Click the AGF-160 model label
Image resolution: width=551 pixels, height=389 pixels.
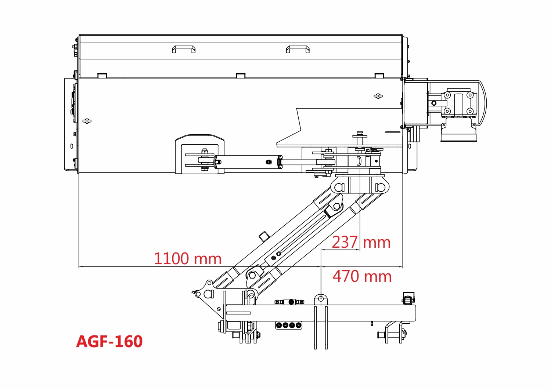pyautogui.click(x=109, y=341)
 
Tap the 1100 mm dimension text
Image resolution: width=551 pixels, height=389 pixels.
pyautogui.click(x=188, y=258)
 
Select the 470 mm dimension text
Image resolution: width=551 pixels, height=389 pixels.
pyautogui.click(x=362, y=276)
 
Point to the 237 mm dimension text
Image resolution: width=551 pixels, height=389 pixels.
pyautogui.click(x=361, y=242)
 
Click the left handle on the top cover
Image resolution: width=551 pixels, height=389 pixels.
pyautogui.click(x=184, y=49)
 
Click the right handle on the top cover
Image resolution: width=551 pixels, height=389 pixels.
pyautogui.click(x=298, y=49)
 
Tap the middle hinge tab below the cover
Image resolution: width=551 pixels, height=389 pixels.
pyautogui.click(x=241, y=76)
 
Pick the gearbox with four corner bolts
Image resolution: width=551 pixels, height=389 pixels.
pyautogui.click(x=459, y=103)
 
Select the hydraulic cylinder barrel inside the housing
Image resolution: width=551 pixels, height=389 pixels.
pyautogui.click(x=248, y=162)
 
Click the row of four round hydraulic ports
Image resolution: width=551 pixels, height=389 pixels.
pyautogui.click(x=288, y=326)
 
